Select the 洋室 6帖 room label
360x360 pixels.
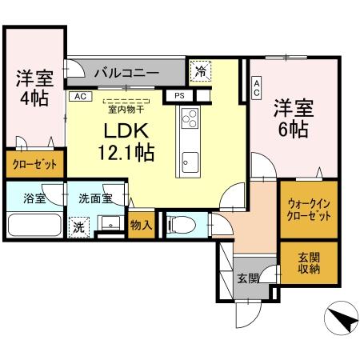tap(291, 118)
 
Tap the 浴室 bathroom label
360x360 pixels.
tap(34, 197)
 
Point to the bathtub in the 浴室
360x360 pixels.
tap(34, 223)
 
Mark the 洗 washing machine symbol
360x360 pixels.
tap(78, 226)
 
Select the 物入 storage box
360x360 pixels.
tap(141, 224)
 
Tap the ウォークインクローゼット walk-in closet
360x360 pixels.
tap(308, 210)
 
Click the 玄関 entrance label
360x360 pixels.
tap(248, 278)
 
